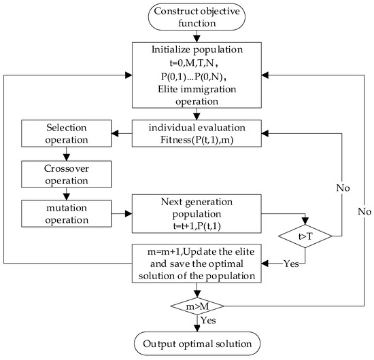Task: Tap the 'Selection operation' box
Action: click(x=63, y=134)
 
